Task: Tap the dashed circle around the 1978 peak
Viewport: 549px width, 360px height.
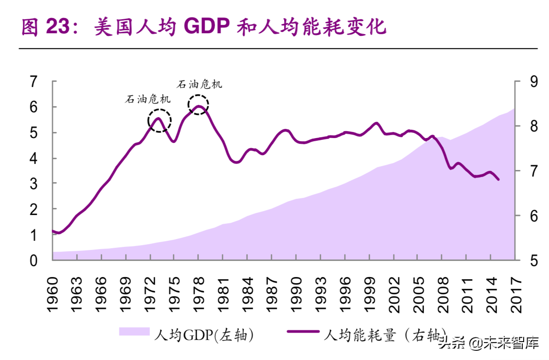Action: [198, 105]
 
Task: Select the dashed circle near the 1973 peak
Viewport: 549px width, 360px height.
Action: [160, 121]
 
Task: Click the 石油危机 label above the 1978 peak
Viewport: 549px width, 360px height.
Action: [199, 84]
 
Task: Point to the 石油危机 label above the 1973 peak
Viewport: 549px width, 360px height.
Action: [148, 99]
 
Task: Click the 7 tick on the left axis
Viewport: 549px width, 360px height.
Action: [33, 82]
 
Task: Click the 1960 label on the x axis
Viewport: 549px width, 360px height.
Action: [53, 294]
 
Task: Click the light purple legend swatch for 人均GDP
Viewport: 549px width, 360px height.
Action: [134, 332]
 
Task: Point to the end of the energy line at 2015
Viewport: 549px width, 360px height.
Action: [499, 180]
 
